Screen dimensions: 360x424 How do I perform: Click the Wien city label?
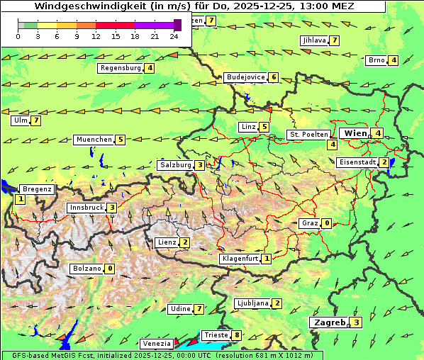(x=355, y=133)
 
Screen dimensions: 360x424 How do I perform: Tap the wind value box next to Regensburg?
(x=150, y=68)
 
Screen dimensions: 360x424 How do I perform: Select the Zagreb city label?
(x=328, y=322)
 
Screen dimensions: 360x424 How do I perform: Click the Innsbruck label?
(x=86, y=208)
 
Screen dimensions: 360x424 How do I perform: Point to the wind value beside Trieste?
(x=236, y=334)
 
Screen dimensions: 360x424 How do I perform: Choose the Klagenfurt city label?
(x=240, y=259)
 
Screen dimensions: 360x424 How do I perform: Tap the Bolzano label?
(x=87, y=269)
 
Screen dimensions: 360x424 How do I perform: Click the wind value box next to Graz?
(x=326, y=223)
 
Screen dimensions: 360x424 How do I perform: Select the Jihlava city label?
(x=314, y=40)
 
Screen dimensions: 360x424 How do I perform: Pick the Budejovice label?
(x=245, y=77)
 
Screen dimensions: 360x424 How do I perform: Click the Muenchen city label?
(x=94, y=140)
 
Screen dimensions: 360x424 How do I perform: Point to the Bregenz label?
(x=37, y=189)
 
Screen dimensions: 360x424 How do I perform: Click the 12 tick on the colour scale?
(x=96, y=36)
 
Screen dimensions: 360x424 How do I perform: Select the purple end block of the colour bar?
(x=177, y=25)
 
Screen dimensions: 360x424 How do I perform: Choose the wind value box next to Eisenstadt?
(x=384, y=162)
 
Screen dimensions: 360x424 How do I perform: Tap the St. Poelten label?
(x=308, y=134)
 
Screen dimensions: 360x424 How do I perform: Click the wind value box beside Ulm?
(x=36, y=120)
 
